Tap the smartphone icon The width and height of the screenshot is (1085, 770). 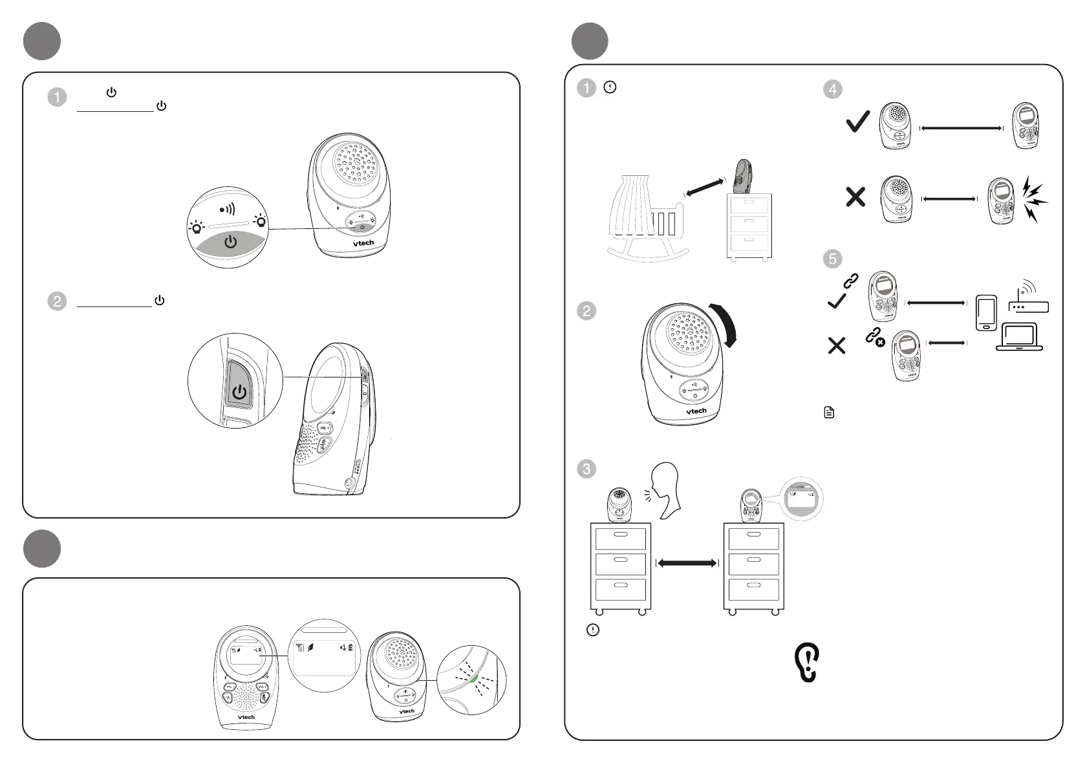(986, 313)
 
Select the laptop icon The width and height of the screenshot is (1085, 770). (1019, 337)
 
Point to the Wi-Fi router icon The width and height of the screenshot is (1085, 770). (1028, 299)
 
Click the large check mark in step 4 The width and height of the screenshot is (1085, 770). (857, 121)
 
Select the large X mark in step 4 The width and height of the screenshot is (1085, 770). (855, 197)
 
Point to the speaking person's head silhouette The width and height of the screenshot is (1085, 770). (667, 489)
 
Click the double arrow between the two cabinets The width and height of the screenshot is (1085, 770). (687, 563)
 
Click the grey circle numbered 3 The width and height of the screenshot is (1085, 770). (586, 469)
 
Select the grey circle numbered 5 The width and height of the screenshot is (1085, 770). (832, 259)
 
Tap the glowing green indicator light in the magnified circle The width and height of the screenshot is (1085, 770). (474, 678)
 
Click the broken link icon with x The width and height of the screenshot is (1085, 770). (875, 337)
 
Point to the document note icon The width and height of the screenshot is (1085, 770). (830, 412)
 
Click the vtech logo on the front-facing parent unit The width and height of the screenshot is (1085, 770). (246, 717)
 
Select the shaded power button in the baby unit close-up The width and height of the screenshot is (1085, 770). (230, 243)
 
